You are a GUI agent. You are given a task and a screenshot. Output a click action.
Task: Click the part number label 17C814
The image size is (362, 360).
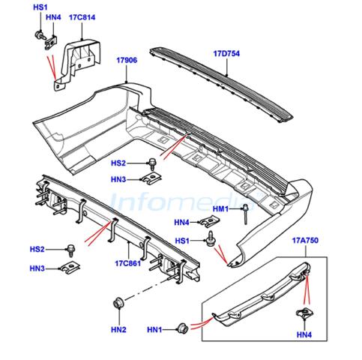click(82, 17)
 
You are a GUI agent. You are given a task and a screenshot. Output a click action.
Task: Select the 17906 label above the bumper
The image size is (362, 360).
click(127, 60)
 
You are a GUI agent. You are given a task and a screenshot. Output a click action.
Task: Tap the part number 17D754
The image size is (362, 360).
click(226, 53)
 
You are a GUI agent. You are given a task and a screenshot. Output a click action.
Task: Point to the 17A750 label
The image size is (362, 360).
click(305, 241)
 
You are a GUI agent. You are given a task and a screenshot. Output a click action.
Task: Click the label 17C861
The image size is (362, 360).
click(127, 263)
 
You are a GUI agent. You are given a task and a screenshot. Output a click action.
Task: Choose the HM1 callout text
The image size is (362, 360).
click(220, 208)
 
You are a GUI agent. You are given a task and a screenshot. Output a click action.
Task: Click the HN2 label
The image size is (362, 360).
click(118, 329)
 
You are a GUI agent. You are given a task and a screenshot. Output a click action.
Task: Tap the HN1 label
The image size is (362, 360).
click(154, 330)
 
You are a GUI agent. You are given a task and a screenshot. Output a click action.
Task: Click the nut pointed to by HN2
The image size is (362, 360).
click(118, 302)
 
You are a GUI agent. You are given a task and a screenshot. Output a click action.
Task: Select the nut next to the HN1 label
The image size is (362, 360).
click(182, 328)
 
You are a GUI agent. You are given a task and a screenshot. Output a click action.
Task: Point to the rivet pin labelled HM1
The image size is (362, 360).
click(246, 214)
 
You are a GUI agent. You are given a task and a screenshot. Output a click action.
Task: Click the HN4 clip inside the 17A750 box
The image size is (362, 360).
click(304, 313)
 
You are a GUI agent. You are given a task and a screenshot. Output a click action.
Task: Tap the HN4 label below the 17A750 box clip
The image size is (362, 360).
click(304, 334)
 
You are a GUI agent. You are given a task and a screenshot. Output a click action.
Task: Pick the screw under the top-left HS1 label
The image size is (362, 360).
click(40, 35)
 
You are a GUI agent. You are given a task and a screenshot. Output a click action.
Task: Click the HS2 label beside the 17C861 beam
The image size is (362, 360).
click(37, 249)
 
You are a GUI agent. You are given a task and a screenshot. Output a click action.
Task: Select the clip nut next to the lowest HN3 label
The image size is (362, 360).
click(70, 267)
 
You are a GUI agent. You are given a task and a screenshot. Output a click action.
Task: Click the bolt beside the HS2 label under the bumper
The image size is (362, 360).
click(152, 163)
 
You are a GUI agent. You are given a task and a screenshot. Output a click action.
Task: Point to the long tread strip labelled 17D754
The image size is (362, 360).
click(221, 84)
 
